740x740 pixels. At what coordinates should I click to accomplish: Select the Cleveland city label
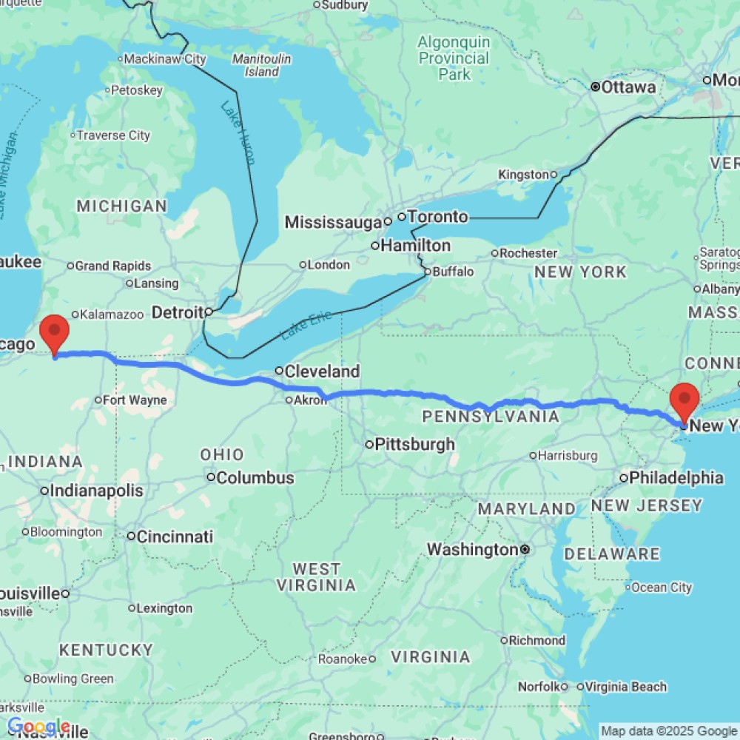click(323, 371)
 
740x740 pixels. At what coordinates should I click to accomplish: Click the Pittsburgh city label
click(414, 445)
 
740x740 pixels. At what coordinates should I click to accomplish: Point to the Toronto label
click(438, 217)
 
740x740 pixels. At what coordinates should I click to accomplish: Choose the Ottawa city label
click(628, 87)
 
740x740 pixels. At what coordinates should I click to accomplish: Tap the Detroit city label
click(177, 313)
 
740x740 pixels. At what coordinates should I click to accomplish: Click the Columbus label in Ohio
click(255, 478)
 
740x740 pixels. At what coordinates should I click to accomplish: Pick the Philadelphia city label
click(676, 478)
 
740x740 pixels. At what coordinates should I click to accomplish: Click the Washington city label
click(472, 550)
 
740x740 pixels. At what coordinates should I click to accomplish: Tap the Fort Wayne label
click(135, 400)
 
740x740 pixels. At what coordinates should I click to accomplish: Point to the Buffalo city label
click(453, 272)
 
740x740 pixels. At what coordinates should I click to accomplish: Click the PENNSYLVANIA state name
click(491, 417)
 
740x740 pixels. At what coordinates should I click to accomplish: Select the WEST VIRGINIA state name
click(316, 577)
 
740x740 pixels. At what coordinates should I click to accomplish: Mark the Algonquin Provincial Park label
click(454, 58)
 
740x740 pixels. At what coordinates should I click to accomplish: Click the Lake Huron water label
click(238, 133)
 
